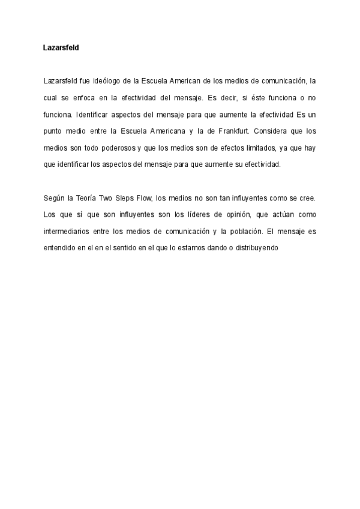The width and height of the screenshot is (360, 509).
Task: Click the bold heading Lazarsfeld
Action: tap(61, 47)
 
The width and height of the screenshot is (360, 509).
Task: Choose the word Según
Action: tap(53, 197)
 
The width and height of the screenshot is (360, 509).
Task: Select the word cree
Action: tap(308, 197)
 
